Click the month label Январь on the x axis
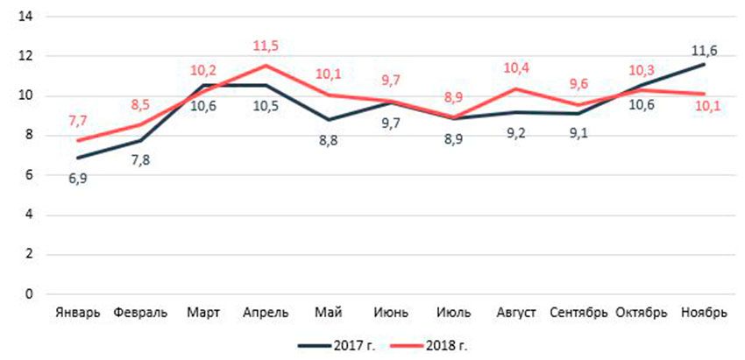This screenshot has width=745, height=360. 78,314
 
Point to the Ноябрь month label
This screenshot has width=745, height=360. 703,314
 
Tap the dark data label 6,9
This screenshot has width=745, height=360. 77,178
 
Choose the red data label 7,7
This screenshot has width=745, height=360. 77,121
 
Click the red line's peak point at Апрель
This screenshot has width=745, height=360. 265,66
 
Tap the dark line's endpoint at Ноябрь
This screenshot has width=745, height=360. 704,64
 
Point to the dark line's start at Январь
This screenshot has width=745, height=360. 78,158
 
